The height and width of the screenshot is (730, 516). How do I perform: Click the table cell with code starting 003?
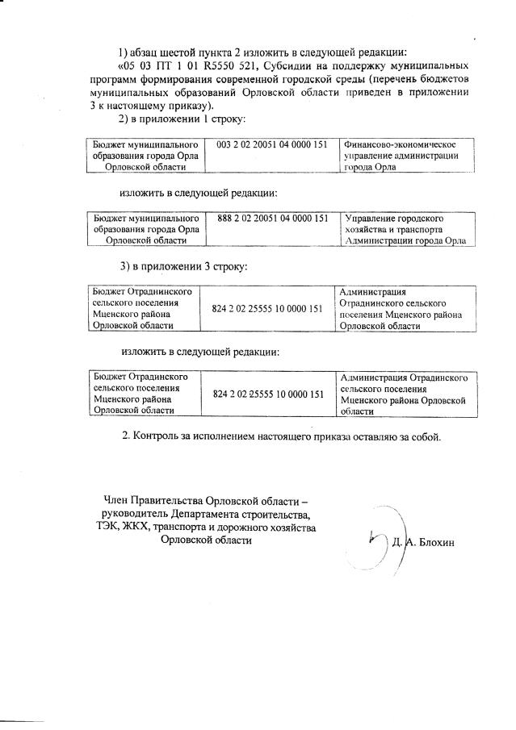(272, 144)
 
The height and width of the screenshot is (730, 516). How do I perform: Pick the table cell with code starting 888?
(272, 218)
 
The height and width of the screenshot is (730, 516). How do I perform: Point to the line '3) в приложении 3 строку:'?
(183, 266)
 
